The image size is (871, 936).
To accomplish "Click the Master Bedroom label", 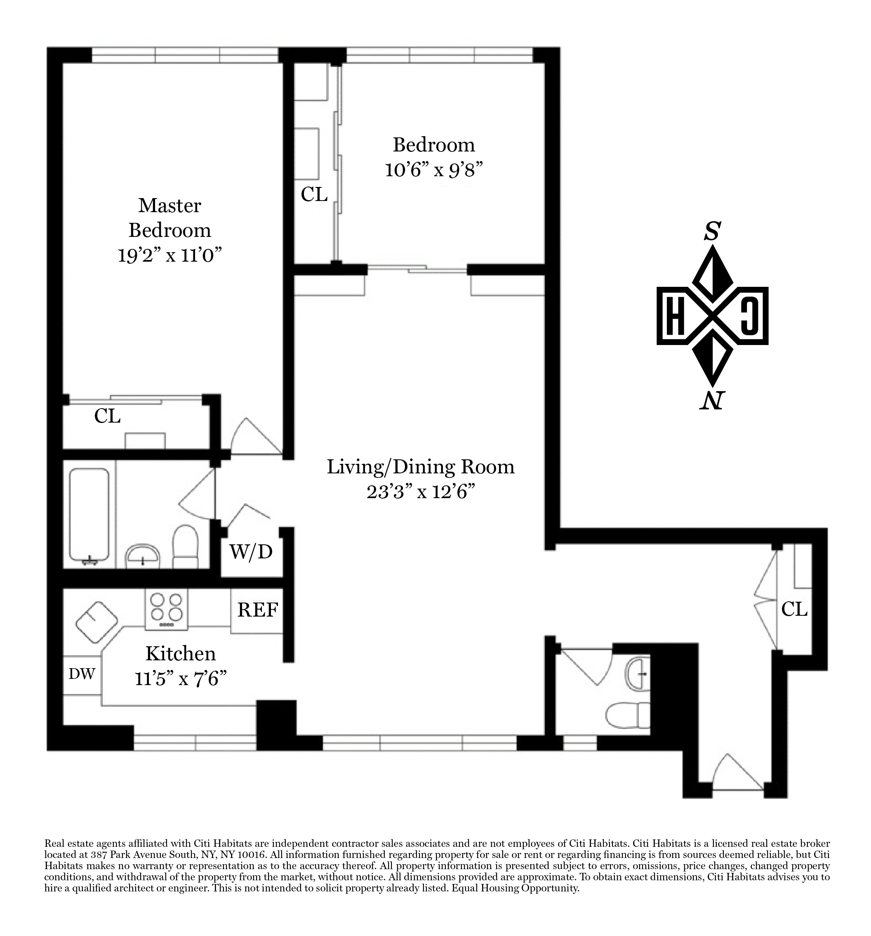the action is coord(169,217).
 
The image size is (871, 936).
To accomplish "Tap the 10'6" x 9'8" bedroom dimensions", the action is coord(434,170).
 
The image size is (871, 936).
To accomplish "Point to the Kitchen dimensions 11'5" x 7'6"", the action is coord(181,679).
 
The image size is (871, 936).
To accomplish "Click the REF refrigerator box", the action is coord(257,611).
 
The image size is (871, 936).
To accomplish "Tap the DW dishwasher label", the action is coord(82,674).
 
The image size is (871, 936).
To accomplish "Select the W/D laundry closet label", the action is coord(251,551).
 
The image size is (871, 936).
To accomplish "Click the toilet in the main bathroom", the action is coord(186,547).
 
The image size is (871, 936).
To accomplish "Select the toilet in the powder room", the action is coord(628,722).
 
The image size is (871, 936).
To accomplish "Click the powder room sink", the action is coord(638,674).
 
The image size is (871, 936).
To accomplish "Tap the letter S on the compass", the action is coord(712,232).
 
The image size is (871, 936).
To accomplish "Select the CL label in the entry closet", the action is coord(794,609).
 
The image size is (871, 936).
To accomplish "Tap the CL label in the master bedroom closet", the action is coord(107,416).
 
